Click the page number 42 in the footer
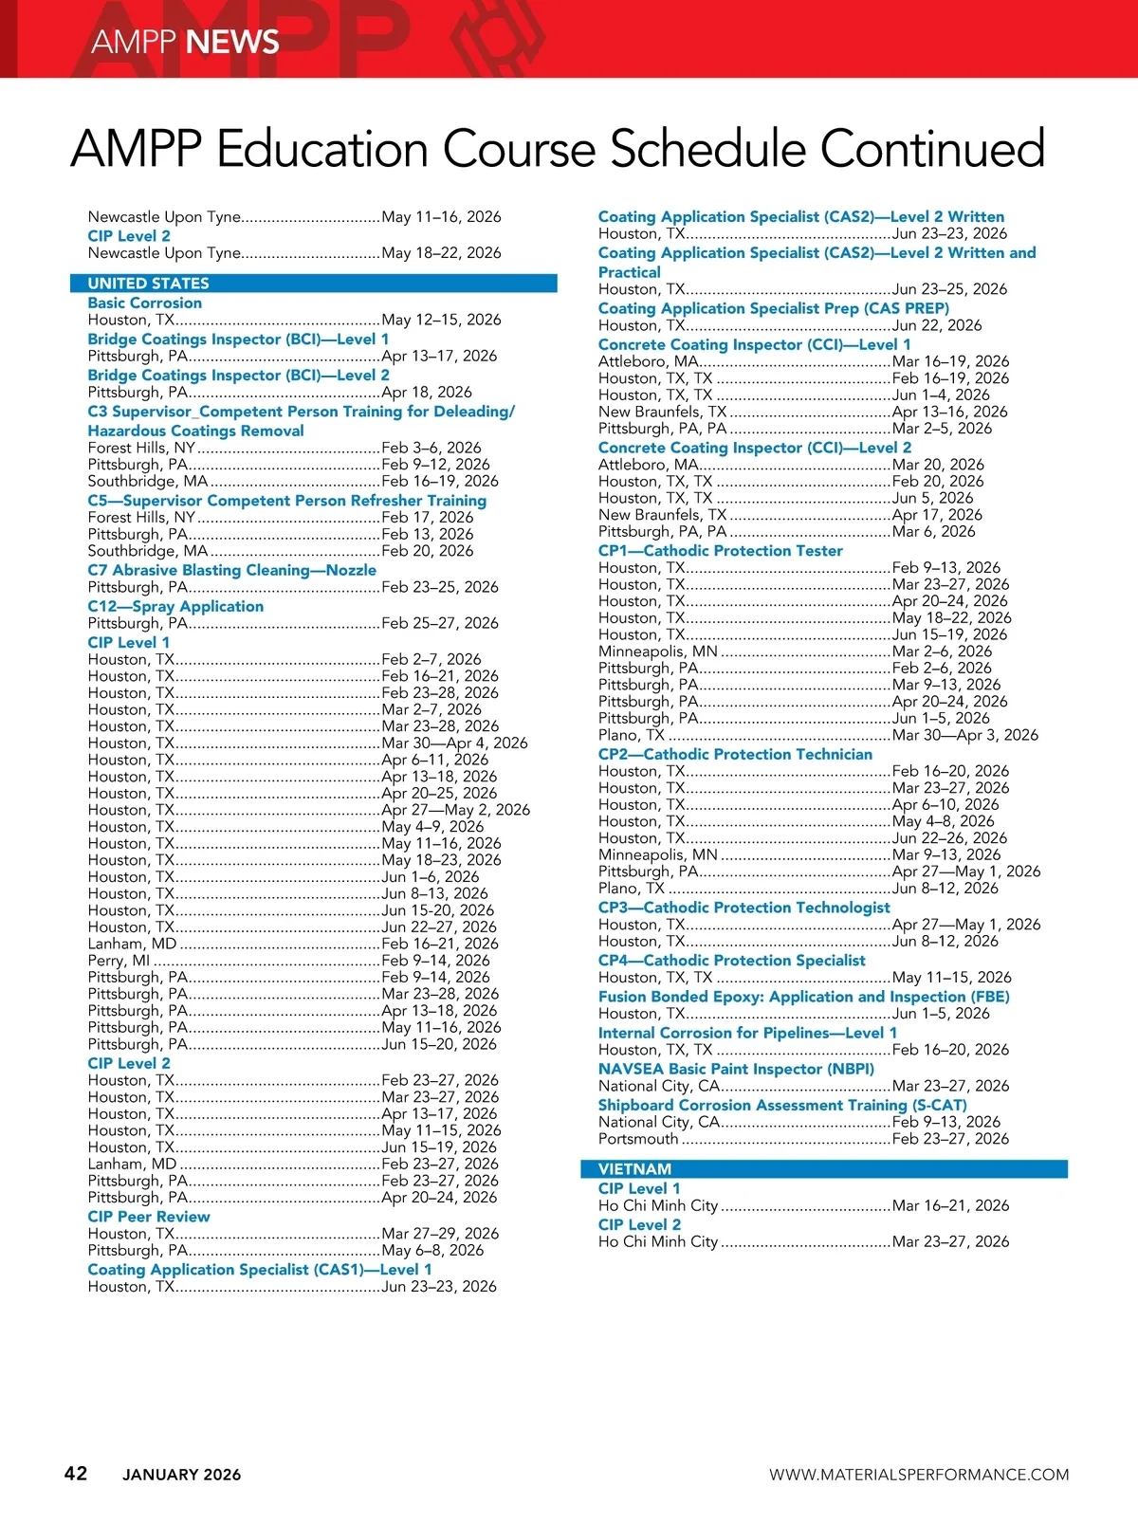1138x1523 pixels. coord(76,1473)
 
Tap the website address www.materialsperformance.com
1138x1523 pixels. coord(918,1475)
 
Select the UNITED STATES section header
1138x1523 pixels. coord(149,284)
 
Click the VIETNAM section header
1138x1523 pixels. coord(634,1169)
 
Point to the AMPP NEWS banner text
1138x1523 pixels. coord(185,42)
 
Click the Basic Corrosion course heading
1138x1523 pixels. coord(144,303)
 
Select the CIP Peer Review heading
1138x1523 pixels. coord(149,1217)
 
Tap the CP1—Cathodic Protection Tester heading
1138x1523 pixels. coord(720,551)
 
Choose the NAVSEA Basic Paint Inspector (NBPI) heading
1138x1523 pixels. coord(736,1069)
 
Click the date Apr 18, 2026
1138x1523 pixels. coord(427,392)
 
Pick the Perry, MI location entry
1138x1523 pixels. coord(119,961)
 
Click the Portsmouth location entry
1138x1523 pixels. coord(638,1139)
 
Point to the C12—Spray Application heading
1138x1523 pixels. coord(175,606)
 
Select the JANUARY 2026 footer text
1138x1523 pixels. coord(181,1475)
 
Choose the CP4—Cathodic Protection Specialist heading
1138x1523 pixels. coord(731,961)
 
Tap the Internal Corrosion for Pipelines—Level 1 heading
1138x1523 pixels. coord(747,1033)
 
